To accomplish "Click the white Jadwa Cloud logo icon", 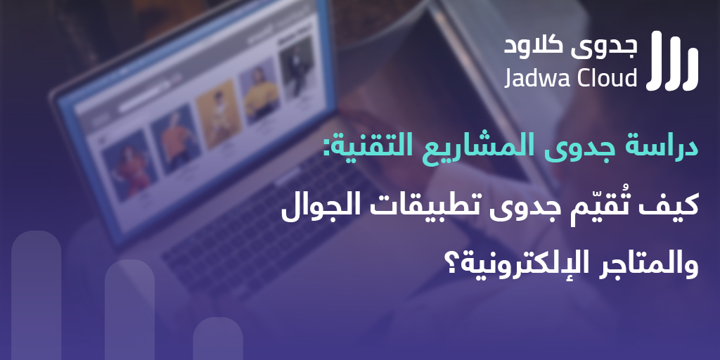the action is point(672,60).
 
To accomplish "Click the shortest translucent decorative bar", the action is point(218,338).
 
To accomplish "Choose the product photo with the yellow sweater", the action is point(259,96).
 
